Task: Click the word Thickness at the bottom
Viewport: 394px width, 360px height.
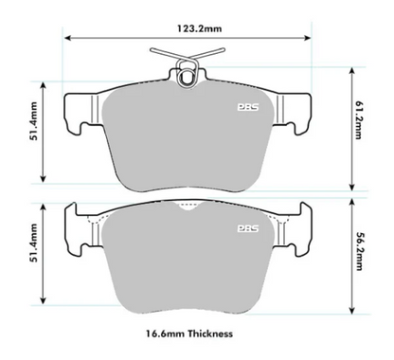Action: pos(211,333)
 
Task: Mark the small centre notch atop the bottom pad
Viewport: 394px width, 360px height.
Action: pos(193,212)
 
